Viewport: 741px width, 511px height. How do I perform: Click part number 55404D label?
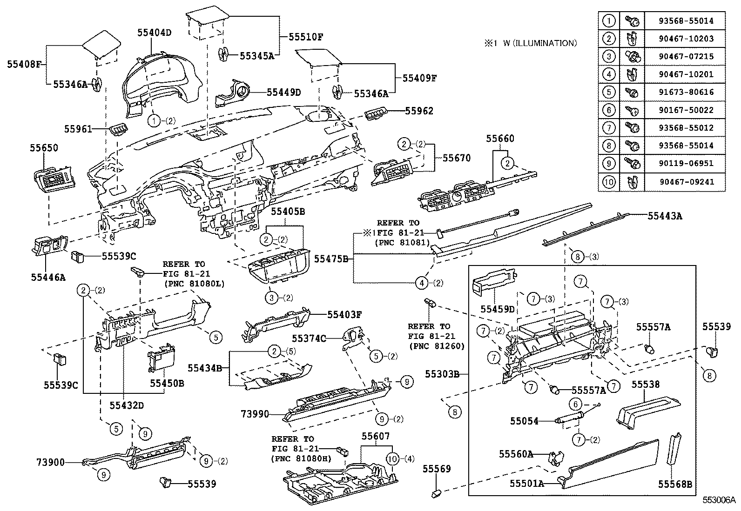click(x=154, y=33)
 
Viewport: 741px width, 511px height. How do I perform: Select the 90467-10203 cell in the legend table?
click(x=686, y=39)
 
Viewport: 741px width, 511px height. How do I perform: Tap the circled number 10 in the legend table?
click(x=608, y=182)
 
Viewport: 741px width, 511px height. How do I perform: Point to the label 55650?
click(x=44, y=148)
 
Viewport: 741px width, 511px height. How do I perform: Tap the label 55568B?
click(x=674, y=484)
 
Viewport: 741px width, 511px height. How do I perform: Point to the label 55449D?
click(x=284, y=92)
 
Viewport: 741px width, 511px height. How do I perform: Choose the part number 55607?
click(x=376, y=436)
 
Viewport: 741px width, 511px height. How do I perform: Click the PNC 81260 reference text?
click(x=436, y=346)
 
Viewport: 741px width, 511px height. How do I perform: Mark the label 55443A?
click(x=665, y=215)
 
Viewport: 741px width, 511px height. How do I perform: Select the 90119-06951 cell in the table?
click(x=686, y=164)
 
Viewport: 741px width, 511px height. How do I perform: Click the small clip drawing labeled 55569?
click(x=437, y=491)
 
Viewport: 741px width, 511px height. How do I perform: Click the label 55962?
click(x=419, y=111)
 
